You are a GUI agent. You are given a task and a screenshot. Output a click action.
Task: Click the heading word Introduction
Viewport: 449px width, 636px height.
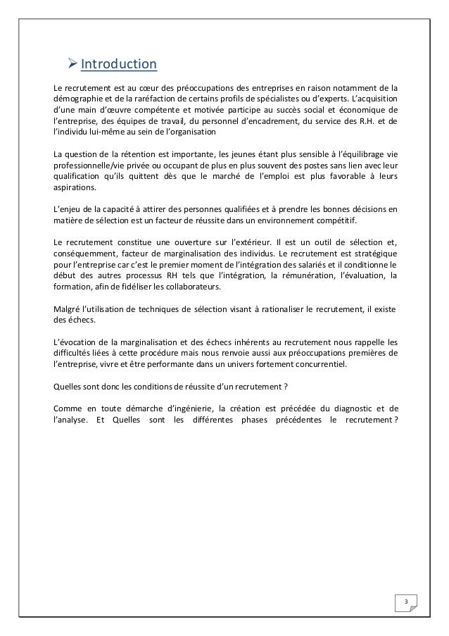(x=119, y=66)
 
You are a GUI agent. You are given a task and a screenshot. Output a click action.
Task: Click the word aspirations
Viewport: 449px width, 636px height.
(x=76, y=189)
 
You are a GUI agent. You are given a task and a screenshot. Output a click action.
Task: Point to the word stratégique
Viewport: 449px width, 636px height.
(x=374, y=255)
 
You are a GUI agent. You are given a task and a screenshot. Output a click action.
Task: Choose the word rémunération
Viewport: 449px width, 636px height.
(x=310, y=275)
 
